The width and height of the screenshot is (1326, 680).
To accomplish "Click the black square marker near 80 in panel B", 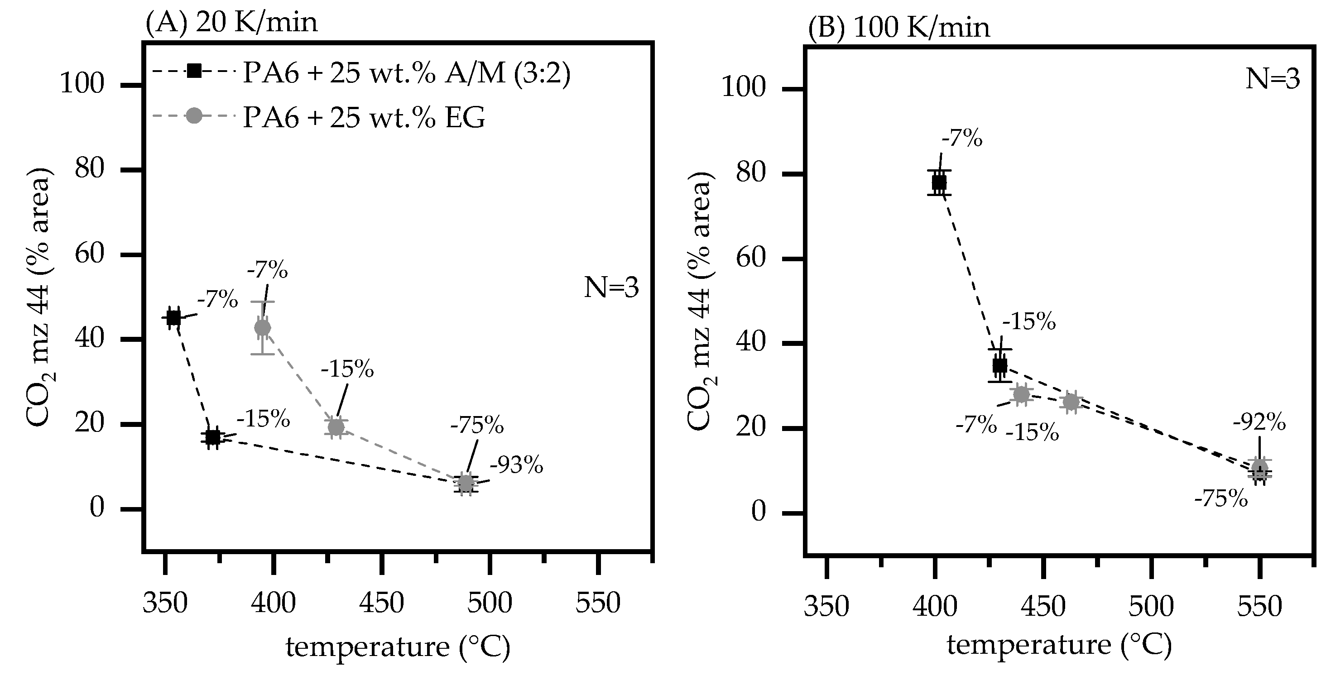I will coord(939,183).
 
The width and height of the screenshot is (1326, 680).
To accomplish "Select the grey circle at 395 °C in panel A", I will coord(263,327).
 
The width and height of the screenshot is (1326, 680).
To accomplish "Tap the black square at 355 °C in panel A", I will coord(174,318).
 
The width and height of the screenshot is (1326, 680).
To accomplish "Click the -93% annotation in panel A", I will coord(516,465).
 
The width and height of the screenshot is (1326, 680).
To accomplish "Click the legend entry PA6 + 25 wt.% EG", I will coord(363,118).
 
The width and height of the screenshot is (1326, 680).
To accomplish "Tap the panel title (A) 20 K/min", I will coord(231,23).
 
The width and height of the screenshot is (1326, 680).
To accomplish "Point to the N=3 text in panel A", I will coord(611,288).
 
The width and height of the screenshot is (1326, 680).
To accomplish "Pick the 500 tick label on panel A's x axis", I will coord(490,603).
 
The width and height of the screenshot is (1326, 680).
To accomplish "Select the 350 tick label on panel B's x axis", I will coord(826,607).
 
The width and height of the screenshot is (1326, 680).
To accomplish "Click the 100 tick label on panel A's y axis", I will coord(82,83).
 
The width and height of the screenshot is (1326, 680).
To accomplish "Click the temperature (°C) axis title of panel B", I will coord(1059,646).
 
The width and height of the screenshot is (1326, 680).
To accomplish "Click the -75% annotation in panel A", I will coord(477,426).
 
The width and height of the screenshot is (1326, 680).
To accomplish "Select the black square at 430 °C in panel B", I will coord(999,365).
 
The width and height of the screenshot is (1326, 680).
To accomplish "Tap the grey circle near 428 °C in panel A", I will coord(336,427).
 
